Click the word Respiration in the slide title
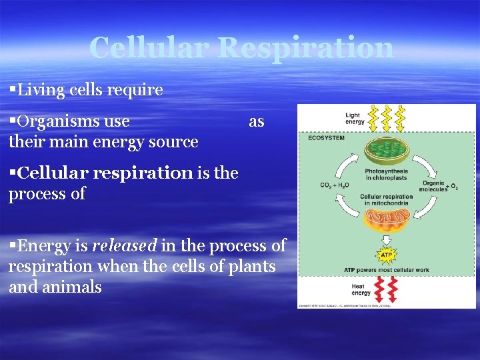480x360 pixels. (305, 48)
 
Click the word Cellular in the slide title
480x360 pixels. (149, 48)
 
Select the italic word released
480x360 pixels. (124, 246)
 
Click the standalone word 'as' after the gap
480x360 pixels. (256, 121)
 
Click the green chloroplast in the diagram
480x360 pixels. (387, 151)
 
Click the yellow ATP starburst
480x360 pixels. (386, 253)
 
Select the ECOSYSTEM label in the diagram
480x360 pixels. (326, 138)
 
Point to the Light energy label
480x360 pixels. (355, 119)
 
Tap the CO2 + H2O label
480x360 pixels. (334, 185)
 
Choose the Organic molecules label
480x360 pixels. (433, 185)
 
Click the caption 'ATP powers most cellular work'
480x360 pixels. (386, 269)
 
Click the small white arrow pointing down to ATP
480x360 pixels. (386, 239)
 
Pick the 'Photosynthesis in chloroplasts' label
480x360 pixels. (386, 175)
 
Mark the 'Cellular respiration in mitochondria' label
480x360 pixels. (386, 199)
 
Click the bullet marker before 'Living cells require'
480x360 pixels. (13, 89)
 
